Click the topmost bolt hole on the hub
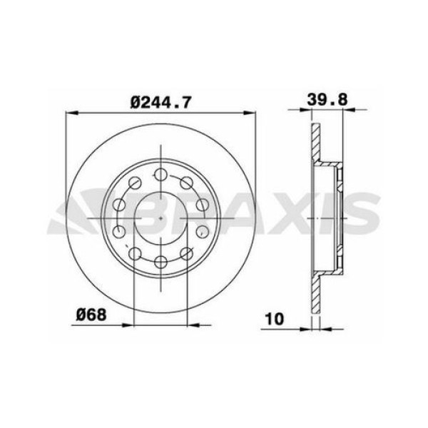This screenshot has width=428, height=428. click(161, 175)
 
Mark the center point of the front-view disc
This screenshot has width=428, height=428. click(161, 218)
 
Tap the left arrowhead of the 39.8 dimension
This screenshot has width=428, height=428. click(315, 111)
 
